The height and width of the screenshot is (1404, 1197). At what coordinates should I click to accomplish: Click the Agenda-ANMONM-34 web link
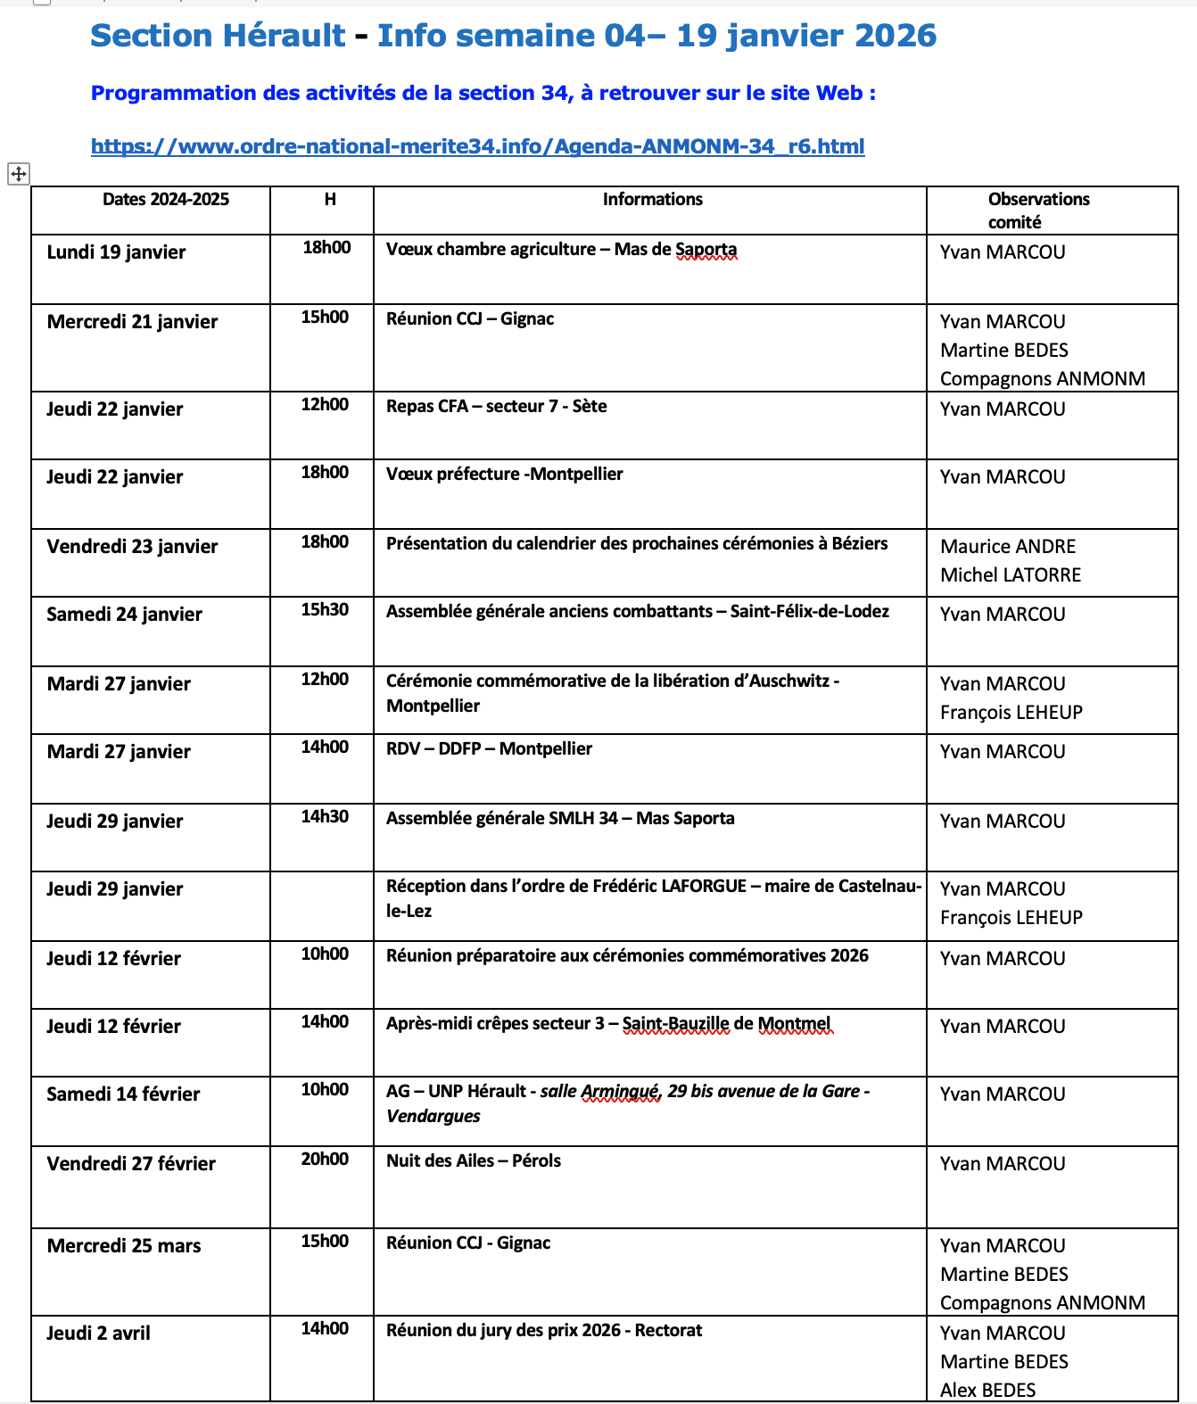(x=477, y=146)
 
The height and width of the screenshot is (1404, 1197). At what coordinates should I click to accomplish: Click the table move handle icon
(x=19, y=174)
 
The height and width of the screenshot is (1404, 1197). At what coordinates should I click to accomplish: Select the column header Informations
(x=652, y=200)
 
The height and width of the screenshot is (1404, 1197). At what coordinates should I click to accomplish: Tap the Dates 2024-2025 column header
(x=165, y=200)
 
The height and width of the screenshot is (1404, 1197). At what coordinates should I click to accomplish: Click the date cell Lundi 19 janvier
(x=116, y=252)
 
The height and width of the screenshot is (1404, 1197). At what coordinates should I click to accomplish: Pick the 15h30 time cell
(x=325, y=610)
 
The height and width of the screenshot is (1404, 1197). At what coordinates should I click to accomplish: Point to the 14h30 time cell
(x=325, y=817)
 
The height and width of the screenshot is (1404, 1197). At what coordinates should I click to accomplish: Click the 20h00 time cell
(x=325, y=1160)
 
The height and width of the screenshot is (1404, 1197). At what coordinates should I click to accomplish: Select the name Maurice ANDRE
(x=1008, y=547)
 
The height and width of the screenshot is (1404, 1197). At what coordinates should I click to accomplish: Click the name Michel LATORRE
(x=1011, y=575)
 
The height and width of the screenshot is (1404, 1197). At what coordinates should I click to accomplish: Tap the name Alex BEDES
(x=987, y=1390)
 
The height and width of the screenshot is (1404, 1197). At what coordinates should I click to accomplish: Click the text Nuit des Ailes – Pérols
(x=474, y=1161)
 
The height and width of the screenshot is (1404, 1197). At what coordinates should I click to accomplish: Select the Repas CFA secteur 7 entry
(x=496, y=407)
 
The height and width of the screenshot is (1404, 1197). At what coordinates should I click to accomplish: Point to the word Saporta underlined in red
(x=706, y=250)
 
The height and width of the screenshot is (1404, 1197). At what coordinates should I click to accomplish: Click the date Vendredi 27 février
(x=131, y=1164)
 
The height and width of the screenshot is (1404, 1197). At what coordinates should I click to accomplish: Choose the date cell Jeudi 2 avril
(x=98, y=1334)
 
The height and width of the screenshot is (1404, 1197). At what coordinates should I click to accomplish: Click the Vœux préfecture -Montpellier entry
(x=504, y=475)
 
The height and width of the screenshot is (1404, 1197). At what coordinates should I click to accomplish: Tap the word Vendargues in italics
(x=433, y=1117)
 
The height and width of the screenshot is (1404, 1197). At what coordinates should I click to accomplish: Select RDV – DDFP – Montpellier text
(x=489, y=749)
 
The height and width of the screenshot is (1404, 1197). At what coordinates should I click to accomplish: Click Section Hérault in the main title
(x=217, y=36)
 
